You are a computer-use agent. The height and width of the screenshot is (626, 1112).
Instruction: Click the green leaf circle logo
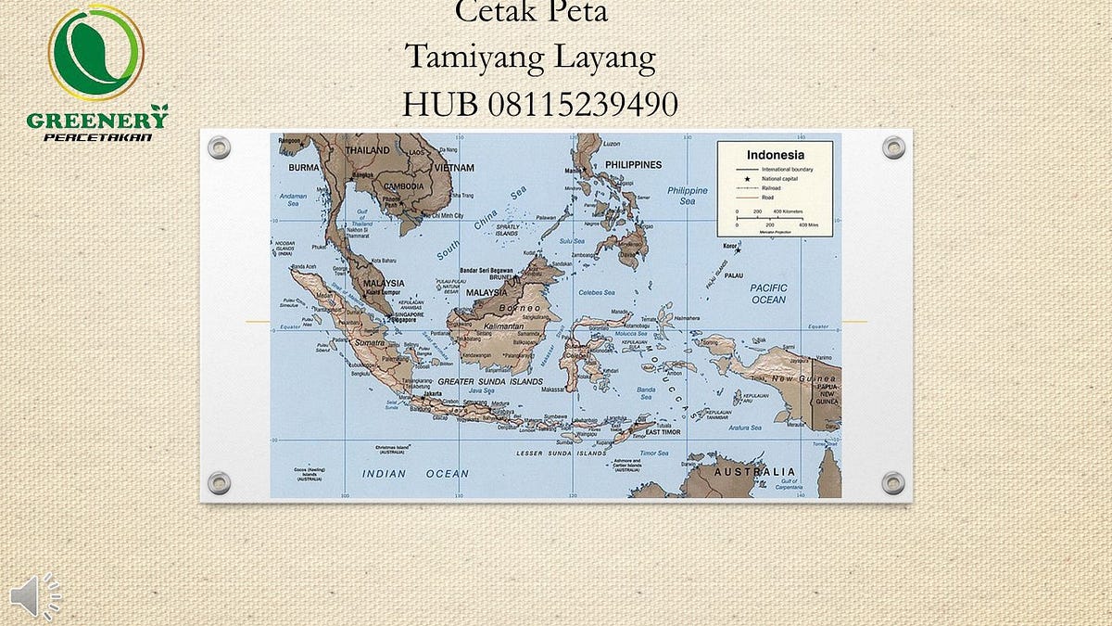click(95, 53)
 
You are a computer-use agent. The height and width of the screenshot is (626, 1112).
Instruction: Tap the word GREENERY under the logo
click(96, 120)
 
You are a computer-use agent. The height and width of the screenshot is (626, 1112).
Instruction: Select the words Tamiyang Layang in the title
click(530, 57)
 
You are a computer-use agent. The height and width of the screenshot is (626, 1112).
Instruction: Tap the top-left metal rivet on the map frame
click(219, 147)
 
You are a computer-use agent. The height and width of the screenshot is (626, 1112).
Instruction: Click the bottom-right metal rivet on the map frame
click(893, 482)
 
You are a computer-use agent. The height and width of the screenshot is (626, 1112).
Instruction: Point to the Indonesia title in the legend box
click(776, 155)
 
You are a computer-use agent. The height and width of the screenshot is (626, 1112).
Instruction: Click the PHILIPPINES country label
click(633, 165)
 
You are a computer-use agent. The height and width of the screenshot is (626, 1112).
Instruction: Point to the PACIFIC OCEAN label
click(768, 294)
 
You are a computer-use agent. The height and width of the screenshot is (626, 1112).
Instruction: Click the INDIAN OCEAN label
click(415, 473)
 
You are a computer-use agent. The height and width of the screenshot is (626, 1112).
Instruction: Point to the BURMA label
click(303, 168)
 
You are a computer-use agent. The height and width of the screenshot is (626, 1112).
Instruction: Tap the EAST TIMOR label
click(663, 432)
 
